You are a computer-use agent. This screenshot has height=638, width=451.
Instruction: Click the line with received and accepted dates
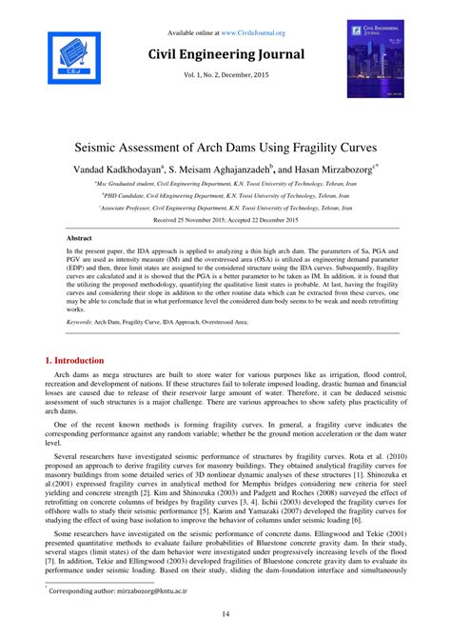pyautogui.click(x=225, y=219)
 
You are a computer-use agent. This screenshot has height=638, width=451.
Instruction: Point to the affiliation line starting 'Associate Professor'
pyautogui.click(x=225, y=205)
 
